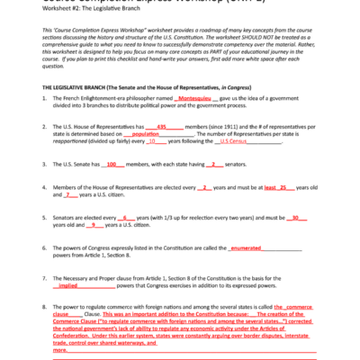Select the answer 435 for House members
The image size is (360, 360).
click(x=162, y=127)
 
